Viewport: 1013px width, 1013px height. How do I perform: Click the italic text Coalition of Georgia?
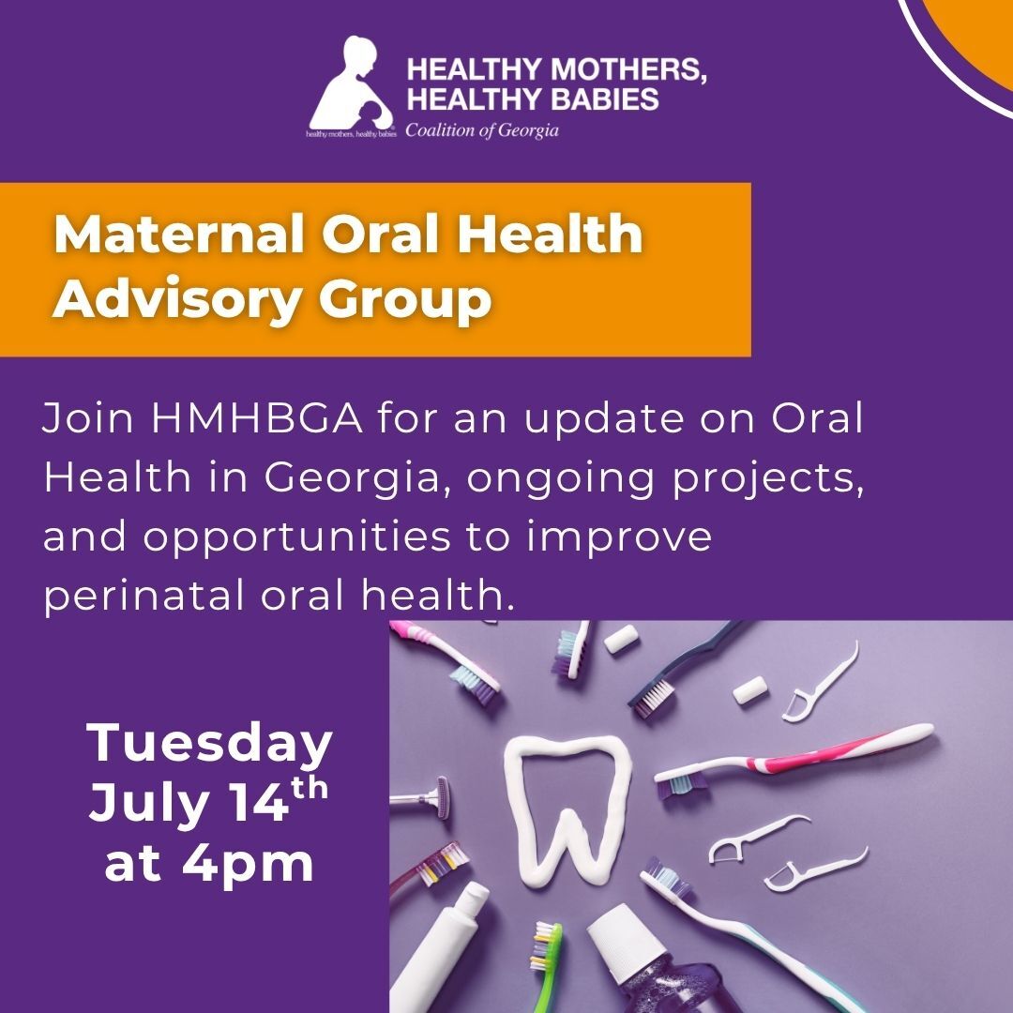tap(482, 130)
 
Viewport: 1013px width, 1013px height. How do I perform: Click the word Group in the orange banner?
tap(405, 299)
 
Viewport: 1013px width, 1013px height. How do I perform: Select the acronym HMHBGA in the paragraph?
tap(256, 418)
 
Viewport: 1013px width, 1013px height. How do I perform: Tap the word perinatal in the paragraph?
tap(144, 596)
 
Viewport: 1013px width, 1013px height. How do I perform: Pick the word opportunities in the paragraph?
tap(296, 537)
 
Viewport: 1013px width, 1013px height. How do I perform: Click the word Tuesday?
tap(209, 745)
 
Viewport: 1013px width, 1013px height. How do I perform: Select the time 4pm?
tap(248, 865)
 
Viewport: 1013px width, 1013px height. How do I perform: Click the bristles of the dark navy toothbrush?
tap(650, 698)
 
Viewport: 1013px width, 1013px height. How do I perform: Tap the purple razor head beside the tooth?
tap(441, 798)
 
